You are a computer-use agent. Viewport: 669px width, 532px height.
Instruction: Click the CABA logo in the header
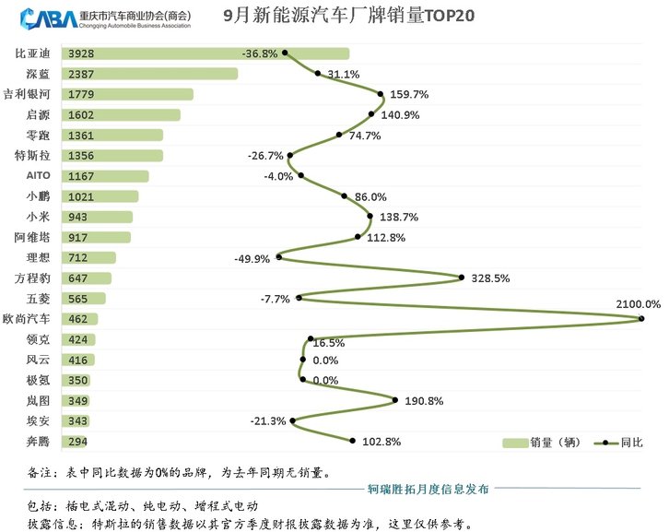coord(41,18)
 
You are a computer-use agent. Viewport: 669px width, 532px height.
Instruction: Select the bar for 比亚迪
coord(205,53)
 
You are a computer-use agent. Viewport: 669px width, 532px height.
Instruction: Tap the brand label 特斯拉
coord(34,155)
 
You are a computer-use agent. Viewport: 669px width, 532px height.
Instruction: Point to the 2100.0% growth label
coord(637,303)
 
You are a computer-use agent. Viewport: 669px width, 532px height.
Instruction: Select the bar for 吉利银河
coord(126,94)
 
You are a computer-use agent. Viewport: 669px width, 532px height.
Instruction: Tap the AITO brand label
coord(38,175)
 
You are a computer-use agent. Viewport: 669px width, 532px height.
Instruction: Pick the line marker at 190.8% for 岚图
coord(395,400)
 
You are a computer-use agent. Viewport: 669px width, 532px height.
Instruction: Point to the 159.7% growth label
coord(410,94)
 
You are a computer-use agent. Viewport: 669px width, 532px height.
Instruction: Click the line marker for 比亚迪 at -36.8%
coord(286,53)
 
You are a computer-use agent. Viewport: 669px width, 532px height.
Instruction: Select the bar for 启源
coord(120,114)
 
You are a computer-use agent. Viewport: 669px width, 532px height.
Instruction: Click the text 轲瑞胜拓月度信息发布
coord(428,488)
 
